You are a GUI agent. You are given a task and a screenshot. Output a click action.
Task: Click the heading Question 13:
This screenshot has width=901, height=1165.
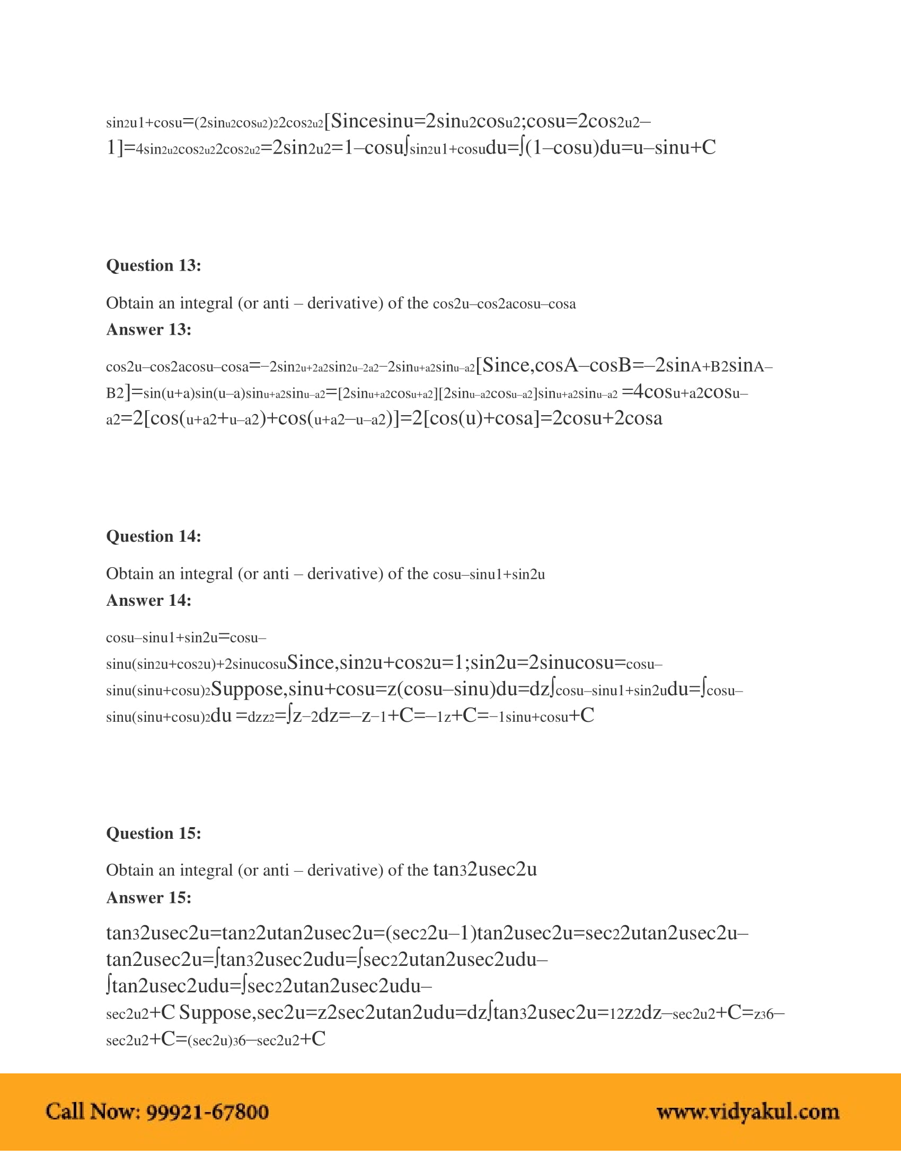coord(154,265)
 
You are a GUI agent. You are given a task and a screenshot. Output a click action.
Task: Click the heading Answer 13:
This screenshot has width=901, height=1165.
coord(148,329)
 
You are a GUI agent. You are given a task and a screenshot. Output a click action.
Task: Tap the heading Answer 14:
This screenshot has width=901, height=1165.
coord(148,600)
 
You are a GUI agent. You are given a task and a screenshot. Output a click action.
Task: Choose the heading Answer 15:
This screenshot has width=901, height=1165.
coord(148,897)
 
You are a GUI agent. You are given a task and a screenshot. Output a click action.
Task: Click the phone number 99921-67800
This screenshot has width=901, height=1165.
coord(207,1112)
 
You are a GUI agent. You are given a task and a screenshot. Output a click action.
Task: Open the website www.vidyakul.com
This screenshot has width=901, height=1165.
coord(747,1112)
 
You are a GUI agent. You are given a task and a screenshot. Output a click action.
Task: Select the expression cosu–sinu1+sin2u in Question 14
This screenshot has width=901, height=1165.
coord(489,575)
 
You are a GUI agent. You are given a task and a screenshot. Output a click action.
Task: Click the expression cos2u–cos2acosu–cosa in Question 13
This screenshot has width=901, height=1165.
coord(504,304)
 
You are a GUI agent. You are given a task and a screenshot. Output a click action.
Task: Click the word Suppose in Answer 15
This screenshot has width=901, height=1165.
coord(216,1012)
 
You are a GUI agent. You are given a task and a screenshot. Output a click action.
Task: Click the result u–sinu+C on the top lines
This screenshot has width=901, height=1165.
coord(674,147)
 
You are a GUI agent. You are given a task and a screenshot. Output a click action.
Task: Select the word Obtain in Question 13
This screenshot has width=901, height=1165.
coord(127,303)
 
